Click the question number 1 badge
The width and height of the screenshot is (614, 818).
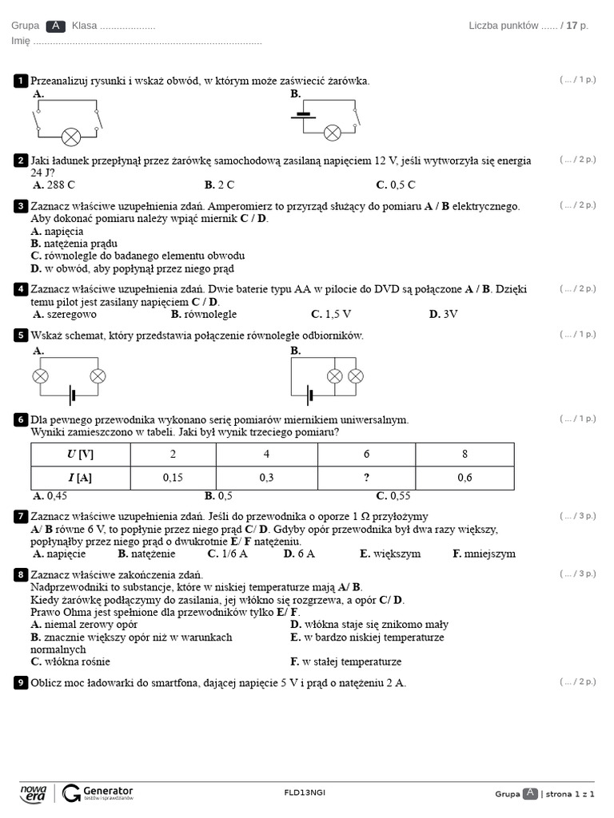(x=21, y=81)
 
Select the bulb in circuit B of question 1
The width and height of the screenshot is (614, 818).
(x=332, y=132)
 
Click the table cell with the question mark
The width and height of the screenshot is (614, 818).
(x=366, y=478)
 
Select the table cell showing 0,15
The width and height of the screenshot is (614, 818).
(x=173, y=478)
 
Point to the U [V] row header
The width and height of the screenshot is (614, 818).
(x=80, y=455)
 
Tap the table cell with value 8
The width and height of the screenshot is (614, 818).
(x=464, y=455)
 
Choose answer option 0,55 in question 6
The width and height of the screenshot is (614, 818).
(x=399, y=495)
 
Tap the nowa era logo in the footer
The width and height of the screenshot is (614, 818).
(x=33, y=792)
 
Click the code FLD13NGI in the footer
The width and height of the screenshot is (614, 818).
(x=305, y=792)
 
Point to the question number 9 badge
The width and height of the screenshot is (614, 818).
(x=21, y=683)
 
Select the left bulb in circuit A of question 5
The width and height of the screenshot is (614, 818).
(x=40, y=375)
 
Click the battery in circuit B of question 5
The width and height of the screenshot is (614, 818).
(x=310, y=394)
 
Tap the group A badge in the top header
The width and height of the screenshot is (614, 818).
(x=55, y=26)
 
